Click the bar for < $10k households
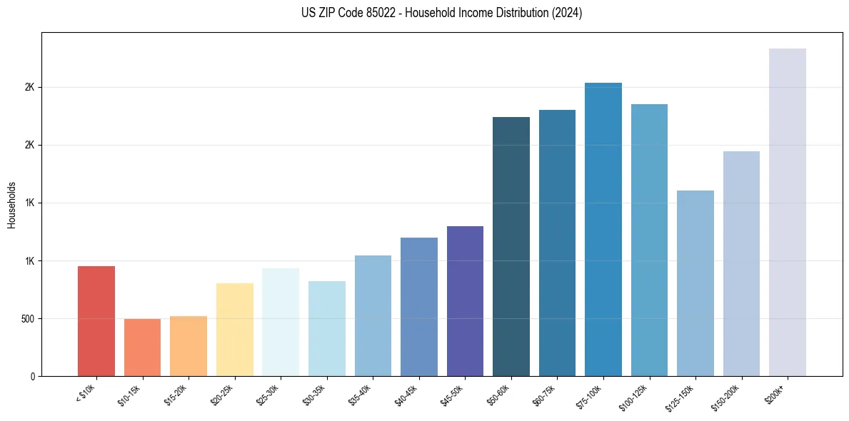tap(96, 321)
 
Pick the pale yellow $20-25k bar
tap(234, 330)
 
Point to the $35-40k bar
tap(373, 315)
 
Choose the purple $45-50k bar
tap(465, 301)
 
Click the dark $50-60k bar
tap(511, 246)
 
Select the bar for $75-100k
tap(603, 229)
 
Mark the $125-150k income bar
tap(695, 283)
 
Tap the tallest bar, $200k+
tap(788, 212)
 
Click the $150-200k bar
tap(741, 263)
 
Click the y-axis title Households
tap(11, 204)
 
